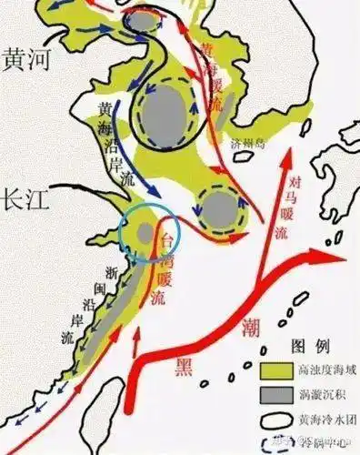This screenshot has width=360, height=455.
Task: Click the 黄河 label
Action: (x=28, y=59)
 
